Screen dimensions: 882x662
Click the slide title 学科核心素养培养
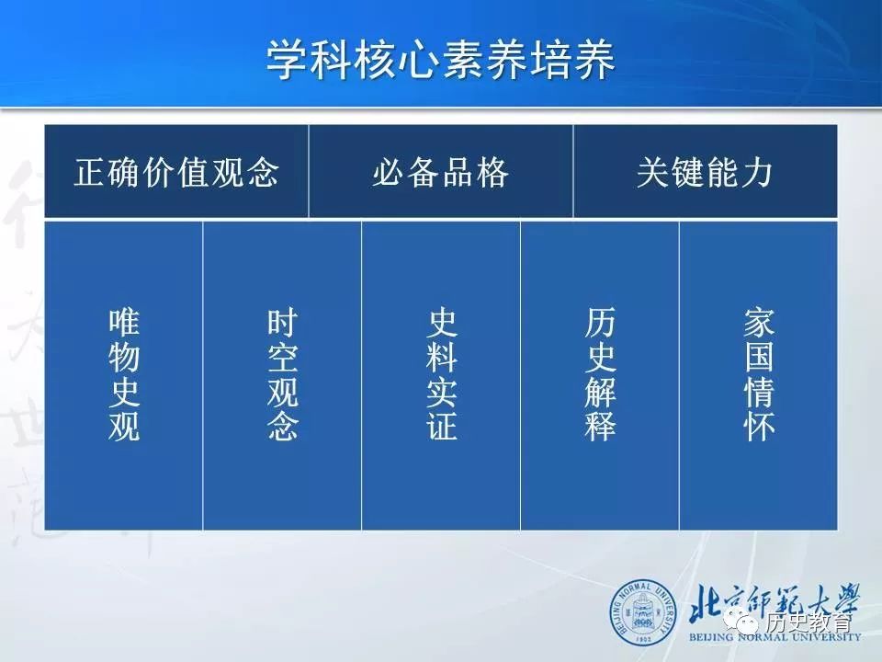pyautogui.click(x=440, y=60)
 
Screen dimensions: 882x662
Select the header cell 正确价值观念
pyautogui.click(x=176, y=172)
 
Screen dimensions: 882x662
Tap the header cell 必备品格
pyautogui.click(x=440, y=172)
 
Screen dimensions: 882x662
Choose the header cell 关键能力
pyautogui.click(x=705, y=172)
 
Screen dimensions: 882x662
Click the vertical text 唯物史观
pyautogui.click(x=124, y=374)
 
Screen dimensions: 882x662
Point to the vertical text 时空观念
pyautogui.click(x=282, y=374)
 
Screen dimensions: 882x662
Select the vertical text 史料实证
pyautogui.click(x=441, y=374)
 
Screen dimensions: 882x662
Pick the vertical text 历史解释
pyautogui.click(x=600, y=374)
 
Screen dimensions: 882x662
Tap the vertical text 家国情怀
pyautogui.click(x=759, y=374)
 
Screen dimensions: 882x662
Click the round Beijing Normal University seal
pyautogui.click(x=643, y=612)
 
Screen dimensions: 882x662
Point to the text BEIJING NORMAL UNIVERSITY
pyautogui.click(x=775, y=637)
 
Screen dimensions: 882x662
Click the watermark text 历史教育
pyautogui.click(x=808, y=622)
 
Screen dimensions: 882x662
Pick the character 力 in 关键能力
pyautogui.click(x=756, y=172)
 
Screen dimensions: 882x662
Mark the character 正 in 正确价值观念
pyautogui.click(x=90, y=172)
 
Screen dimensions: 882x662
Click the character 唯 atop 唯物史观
pyautogui.click(x=124, y=323)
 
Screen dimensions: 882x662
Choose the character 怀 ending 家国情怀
pyautogui.click(x=759, y=426)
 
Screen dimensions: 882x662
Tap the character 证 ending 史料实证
pyautogui.click(x=441, y=426)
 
